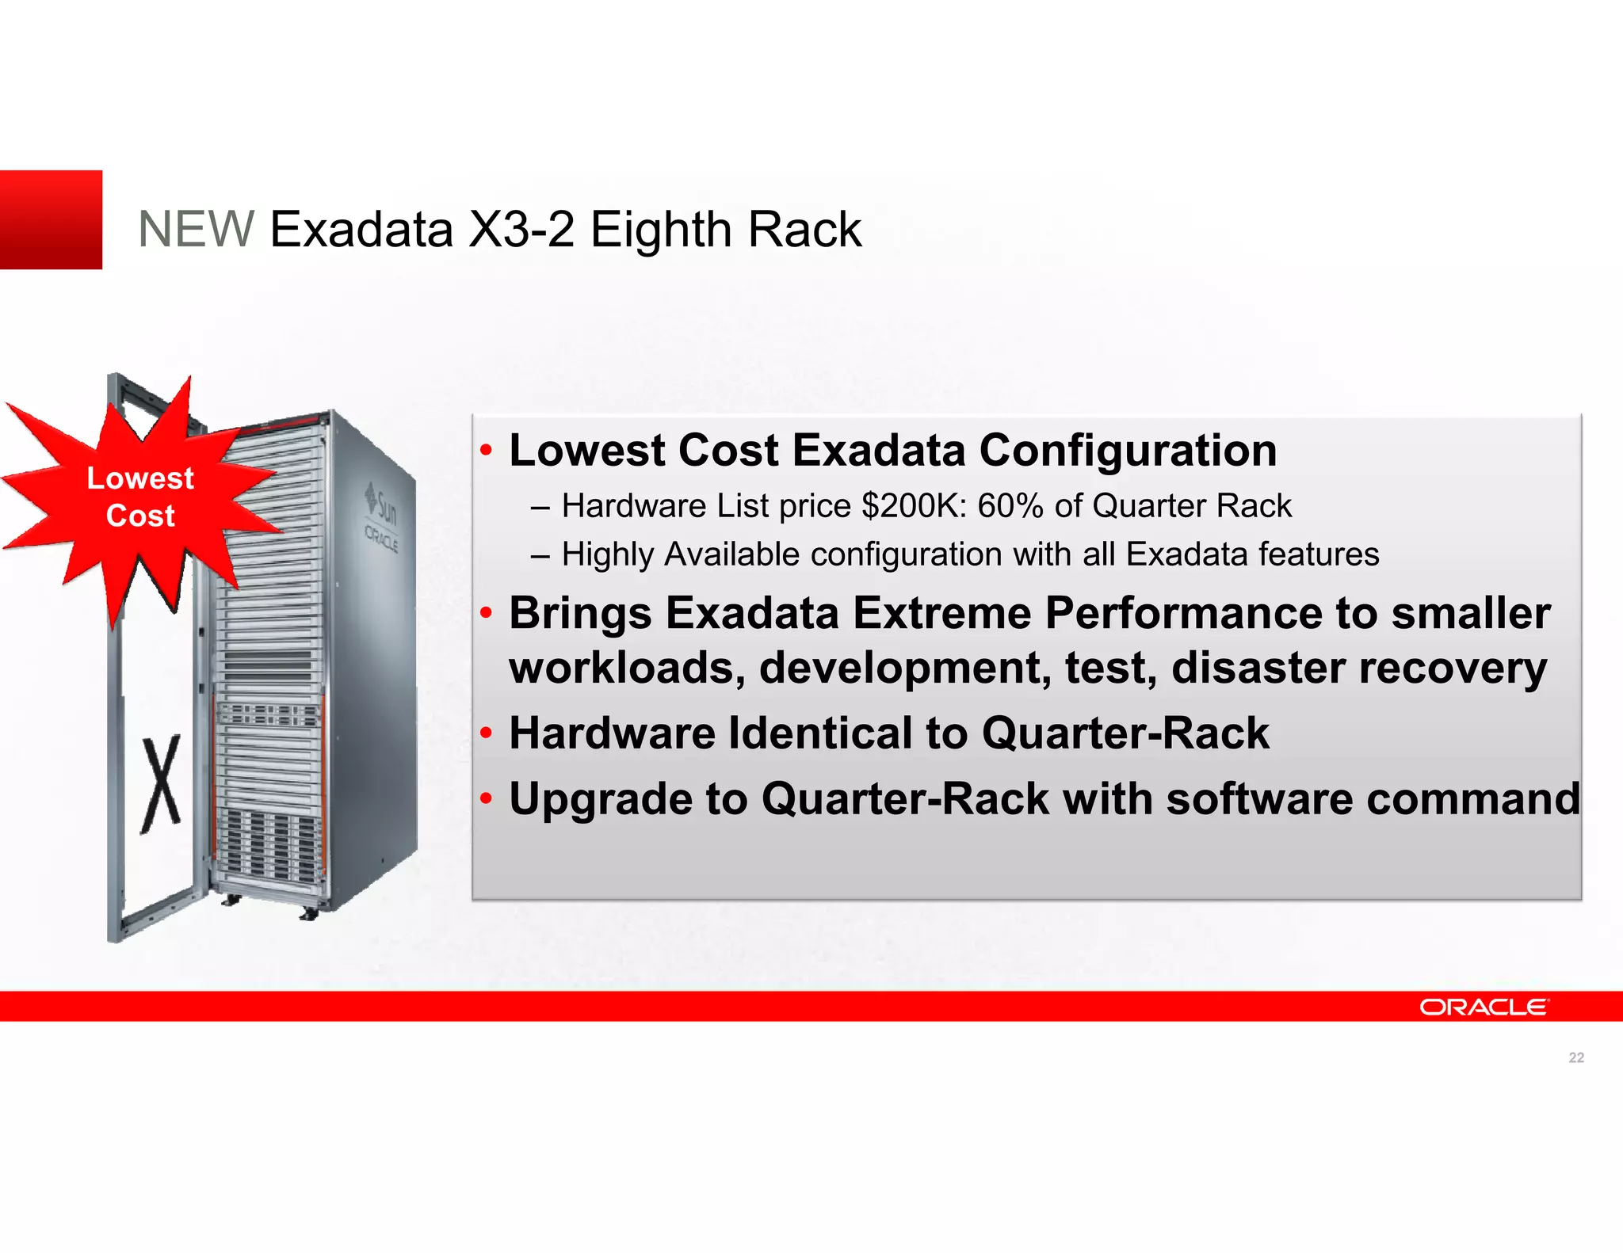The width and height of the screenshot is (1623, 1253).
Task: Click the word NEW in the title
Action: click(x=196, y=230)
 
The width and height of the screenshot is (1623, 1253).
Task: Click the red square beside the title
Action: click(x=51, y=219)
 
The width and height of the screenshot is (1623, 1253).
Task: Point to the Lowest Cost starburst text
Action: click(x=140, y=497)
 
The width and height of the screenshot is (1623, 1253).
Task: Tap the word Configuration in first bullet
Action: click(x=1128, y=451)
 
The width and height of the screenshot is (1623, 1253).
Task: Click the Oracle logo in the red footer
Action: click(x=1483, y=1007)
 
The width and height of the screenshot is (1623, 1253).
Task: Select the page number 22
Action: click(x=1575, y=1057)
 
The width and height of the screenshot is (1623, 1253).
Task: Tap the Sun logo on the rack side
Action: click(x=382, y=504)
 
